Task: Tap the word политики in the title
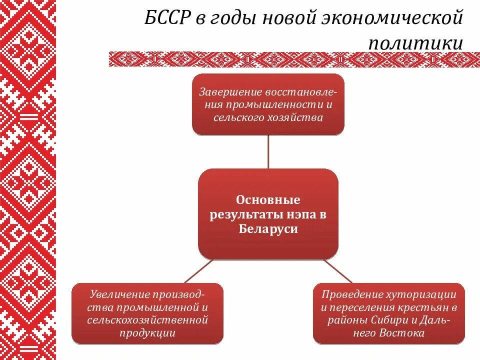coord(415,43)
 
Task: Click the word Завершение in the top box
coord(225,92)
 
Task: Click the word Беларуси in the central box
coord(268,229)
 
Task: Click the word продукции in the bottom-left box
coord(148,332)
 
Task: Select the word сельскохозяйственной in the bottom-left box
coord(148,319)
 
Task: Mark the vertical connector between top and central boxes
coord(268,152)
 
